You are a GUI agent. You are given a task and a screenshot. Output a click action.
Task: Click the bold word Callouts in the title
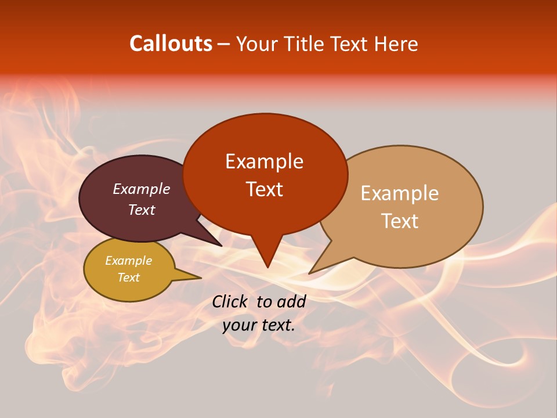(x=171, y=44)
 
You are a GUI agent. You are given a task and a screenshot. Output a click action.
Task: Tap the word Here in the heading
(x=396, y=44)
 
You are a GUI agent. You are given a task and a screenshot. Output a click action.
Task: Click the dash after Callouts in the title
(x=225, y=44)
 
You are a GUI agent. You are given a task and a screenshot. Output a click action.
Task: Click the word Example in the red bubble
(x=264, y=161)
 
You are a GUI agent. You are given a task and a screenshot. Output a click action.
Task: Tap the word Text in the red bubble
(x=264, y=189)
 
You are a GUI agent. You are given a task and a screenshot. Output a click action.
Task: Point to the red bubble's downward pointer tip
(x=267, y=266)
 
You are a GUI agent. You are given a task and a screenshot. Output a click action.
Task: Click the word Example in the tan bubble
(x=400, y=193)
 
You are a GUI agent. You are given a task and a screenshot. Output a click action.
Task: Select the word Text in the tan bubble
(x=400, y=221)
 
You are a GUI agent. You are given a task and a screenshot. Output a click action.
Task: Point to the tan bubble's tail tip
(x=310, y=273)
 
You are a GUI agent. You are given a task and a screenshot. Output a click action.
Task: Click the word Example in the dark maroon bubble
(x=142, y=189)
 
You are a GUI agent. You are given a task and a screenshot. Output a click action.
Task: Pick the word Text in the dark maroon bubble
(x=142, y=210)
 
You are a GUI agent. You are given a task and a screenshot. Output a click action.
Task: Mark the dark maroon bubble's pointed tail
(x=220, y=246)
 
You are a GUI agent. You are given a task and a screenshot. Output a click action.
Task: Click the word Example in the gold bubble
(x=128, y=261)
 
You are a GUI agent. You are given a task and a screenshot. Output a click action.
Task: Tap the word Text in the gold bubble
(x=128, y=278)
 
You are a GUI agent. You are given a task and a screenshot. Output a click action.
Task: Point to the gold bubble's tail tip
(x=200, y=278)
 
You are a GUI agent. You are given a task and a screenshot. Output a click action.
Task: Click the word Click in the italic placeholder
(x=231, y=301)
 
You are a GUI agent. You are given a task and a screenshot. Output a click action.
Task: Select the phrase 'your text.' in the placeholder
(x=259, y=326)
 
